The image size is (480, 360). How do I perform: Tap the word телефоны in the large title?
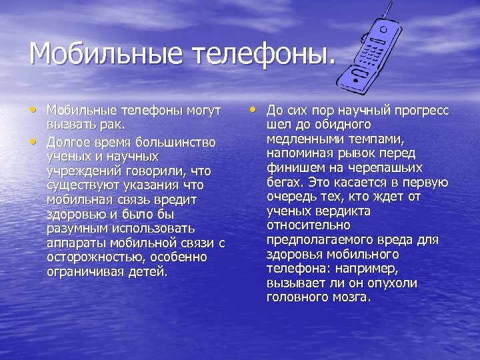(x=260, y=54)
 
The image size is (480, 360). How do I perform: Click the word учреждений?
(x=79, y=171)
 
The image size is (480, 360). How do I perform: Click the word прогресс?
(x=421, y=110)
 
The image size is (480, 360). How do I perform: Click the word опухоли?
(x=393, y=283)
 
